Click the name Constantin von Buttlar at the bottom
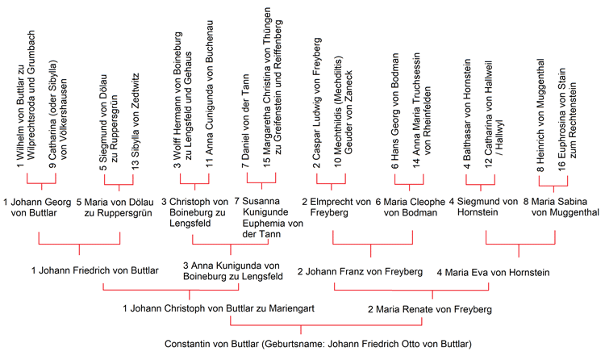tap(211, 344)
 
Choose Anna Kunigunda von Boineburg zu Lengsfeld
tap(233, 271)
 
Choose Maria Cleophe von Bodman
tap(411, 207)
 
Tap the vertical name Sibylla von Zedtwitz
tap(135, 121)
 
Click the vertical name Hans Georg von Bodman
tap(394, 111)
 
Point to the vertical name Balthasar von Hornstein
tap(467, 114)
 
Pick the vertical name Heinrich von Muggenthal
tap(540, 115)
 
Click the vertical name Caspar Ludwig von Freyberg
tap(317, 103)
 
